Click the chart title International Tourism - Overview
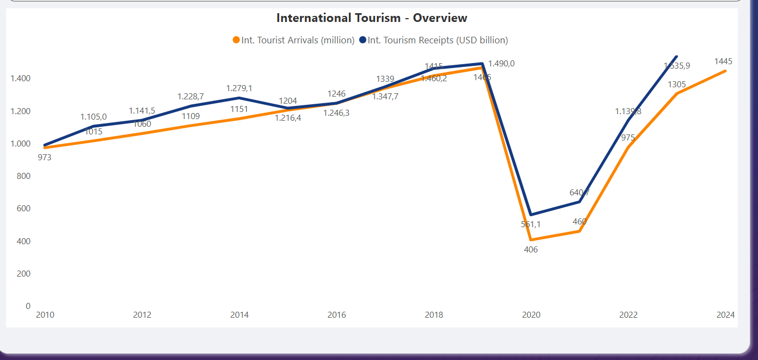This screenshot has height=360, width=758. click(x=371, y=18)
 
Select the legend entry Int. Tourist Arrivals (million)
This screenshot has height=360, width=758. click(x=298, y=40)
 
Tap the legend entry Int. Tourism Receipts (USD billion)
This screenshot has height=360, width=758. click(x=438, y=40)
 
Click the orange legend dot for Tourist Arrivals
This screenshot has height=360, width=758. click(x=236, y=40)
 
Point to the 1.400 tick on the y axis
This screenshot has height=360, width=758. click(x=20, y=78)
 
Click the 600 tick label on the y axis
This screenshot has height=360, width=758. click(x=24, y=209)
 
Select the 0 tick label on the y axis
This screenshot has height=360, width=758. click(x=28, y=306)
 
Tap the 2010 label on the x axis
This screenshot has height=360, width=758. click(x=45, y=315)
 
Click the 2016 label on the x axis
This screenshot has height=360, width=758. click(x=337, y=315)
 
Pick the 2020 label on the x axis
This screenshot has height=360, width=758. click(x=531, y=315)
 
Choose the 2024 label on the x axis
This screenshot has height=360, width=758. click(x=726, y=315)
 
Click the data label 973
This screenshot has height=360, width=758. click(x=45, y=157)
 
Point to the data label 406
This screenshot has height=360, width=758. click(x=531, y=250)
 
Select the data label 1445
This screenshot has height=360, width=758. click(x=723, y=61)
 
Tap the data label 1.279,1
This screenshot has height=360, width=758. click(x=239, y=88)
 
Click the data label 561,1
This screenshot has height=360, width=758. click(x=531, y=224)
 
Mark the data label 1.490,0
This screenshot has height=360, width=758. click(x=501, y=64)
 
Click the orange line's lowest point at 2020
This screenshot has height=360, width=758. click(x=531, y=240)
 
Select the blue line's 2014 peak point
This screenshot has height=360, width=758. click(x=239, y=98)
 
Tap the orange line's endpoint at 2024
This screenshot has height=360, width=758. click(x=726, y=71)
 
